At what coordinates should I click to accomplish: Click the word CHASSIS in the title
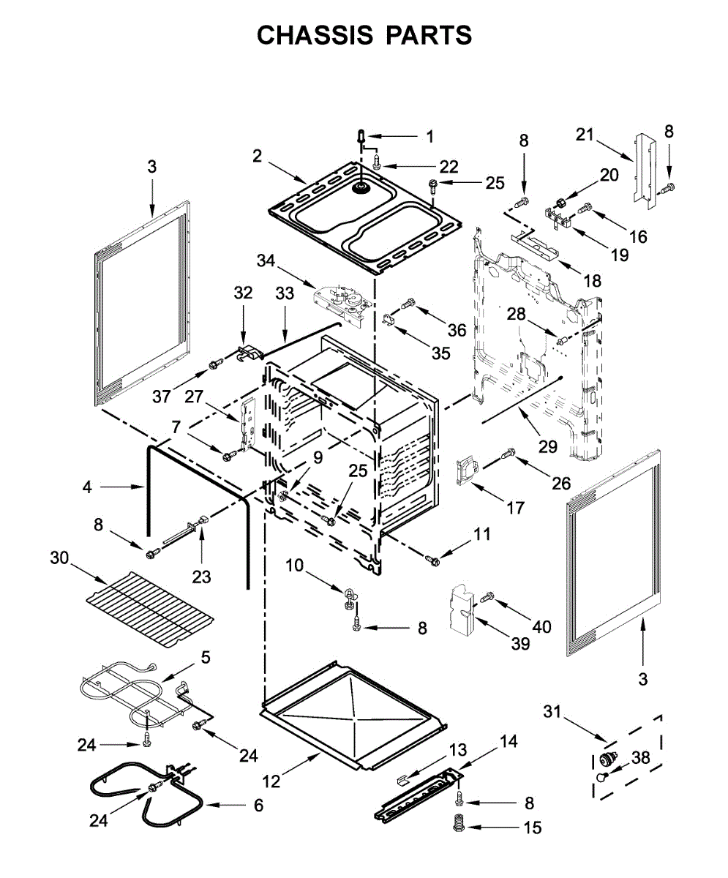click(x=315, y=35)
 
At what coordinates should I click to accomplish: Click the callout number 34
click(x=266, y=260)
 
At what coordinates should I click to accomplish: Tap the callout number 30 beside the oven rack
click(x=59, y=558)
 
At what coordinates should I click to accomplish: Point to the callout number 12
click(x=271, y=781)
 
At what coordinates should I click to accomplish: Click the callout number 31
click(x=552, y=712)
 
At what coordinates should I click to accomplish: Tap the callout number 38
click(x=641, y=758)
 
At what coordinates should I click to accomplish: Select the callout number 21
click(x=585, y=135)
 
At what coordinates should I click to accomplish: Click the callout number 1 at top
click(x=429, y=136)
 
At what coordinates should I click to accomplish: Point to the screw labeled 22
click(x=377, y=161)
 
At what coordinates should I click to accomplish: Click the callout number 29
click(x=548, y=446)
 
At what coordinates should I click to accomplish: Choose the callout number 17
click(x=516, y=508)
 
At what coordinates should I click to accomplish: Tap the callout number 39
click(x=520, y=644)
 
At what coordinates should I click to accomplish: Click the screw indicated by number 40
click(x=489, y=596)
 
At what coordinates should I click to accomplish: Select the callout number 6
click(x=259, y=806)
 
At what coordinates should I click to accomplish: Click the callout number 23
click(x=201, y=577)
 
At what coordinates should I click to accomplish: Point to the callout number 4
click(x=87, y=487)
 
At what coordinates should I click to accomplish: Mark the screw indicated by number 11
click(x=432, y=559)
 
